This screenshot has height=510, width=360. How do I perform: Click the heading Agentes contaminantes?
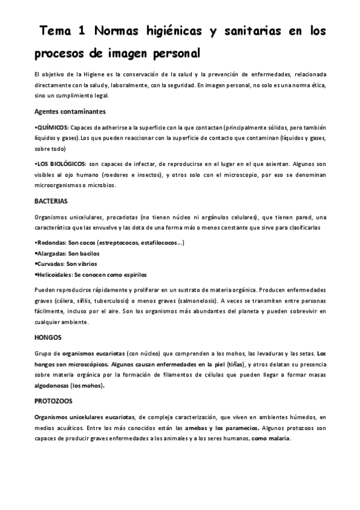coord(70,111)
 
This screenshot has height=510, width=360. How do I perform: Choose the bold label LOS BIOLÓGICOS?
coord(59,164)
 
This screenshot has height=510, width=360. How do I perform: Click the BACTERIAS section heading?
coord(51,200)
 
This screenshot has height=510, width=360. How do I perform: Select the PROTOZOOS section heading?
coord(53,400)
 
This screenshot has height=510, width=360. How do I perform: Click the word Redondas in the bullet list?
coord(52,243)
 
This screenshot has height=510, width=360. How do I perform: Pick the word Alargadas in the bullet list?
coord(52,254)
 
